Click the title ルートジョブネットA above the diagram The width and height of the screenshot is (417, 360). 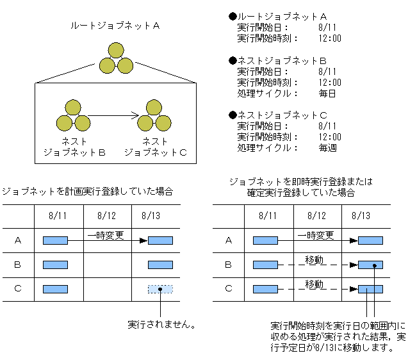(x=115, y=26)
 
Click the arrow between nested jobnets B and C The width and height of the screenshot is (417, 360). (x=113, y=115)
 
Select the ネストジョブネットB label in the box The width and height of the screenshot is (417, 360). (x=74, y=147)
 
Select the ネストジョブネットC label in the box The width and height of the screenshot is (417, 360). (x=155, y=147)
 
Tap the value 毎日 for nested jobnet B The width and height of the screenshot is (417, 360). (x=327, y=93)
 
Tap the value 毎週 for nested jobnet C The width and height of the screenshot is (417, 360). (x=327, y=147)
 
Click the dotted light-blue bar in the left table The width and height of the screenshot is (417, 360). (x=159, y=289)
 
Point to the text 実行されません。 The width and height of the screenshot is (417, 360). (x=161, y=325)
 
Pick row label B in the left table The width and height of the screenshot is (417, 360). (x=17, y=265)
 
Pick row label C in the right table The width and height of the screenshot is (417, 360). (x=229, y=289)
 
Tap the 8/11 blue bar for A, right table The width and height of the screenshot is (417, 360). (x=265, y=240)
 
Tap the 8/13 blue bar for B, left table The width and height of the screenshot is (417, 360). (x=159, y=265)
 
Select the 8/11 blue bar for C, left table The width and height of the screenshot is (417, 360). (x=55, y=289)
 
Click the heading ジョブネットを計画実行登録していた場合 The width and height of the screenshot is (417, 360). (x=87, y=191)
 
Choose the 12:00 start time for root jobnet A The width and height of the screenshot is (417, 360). (x=329, y=38)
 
